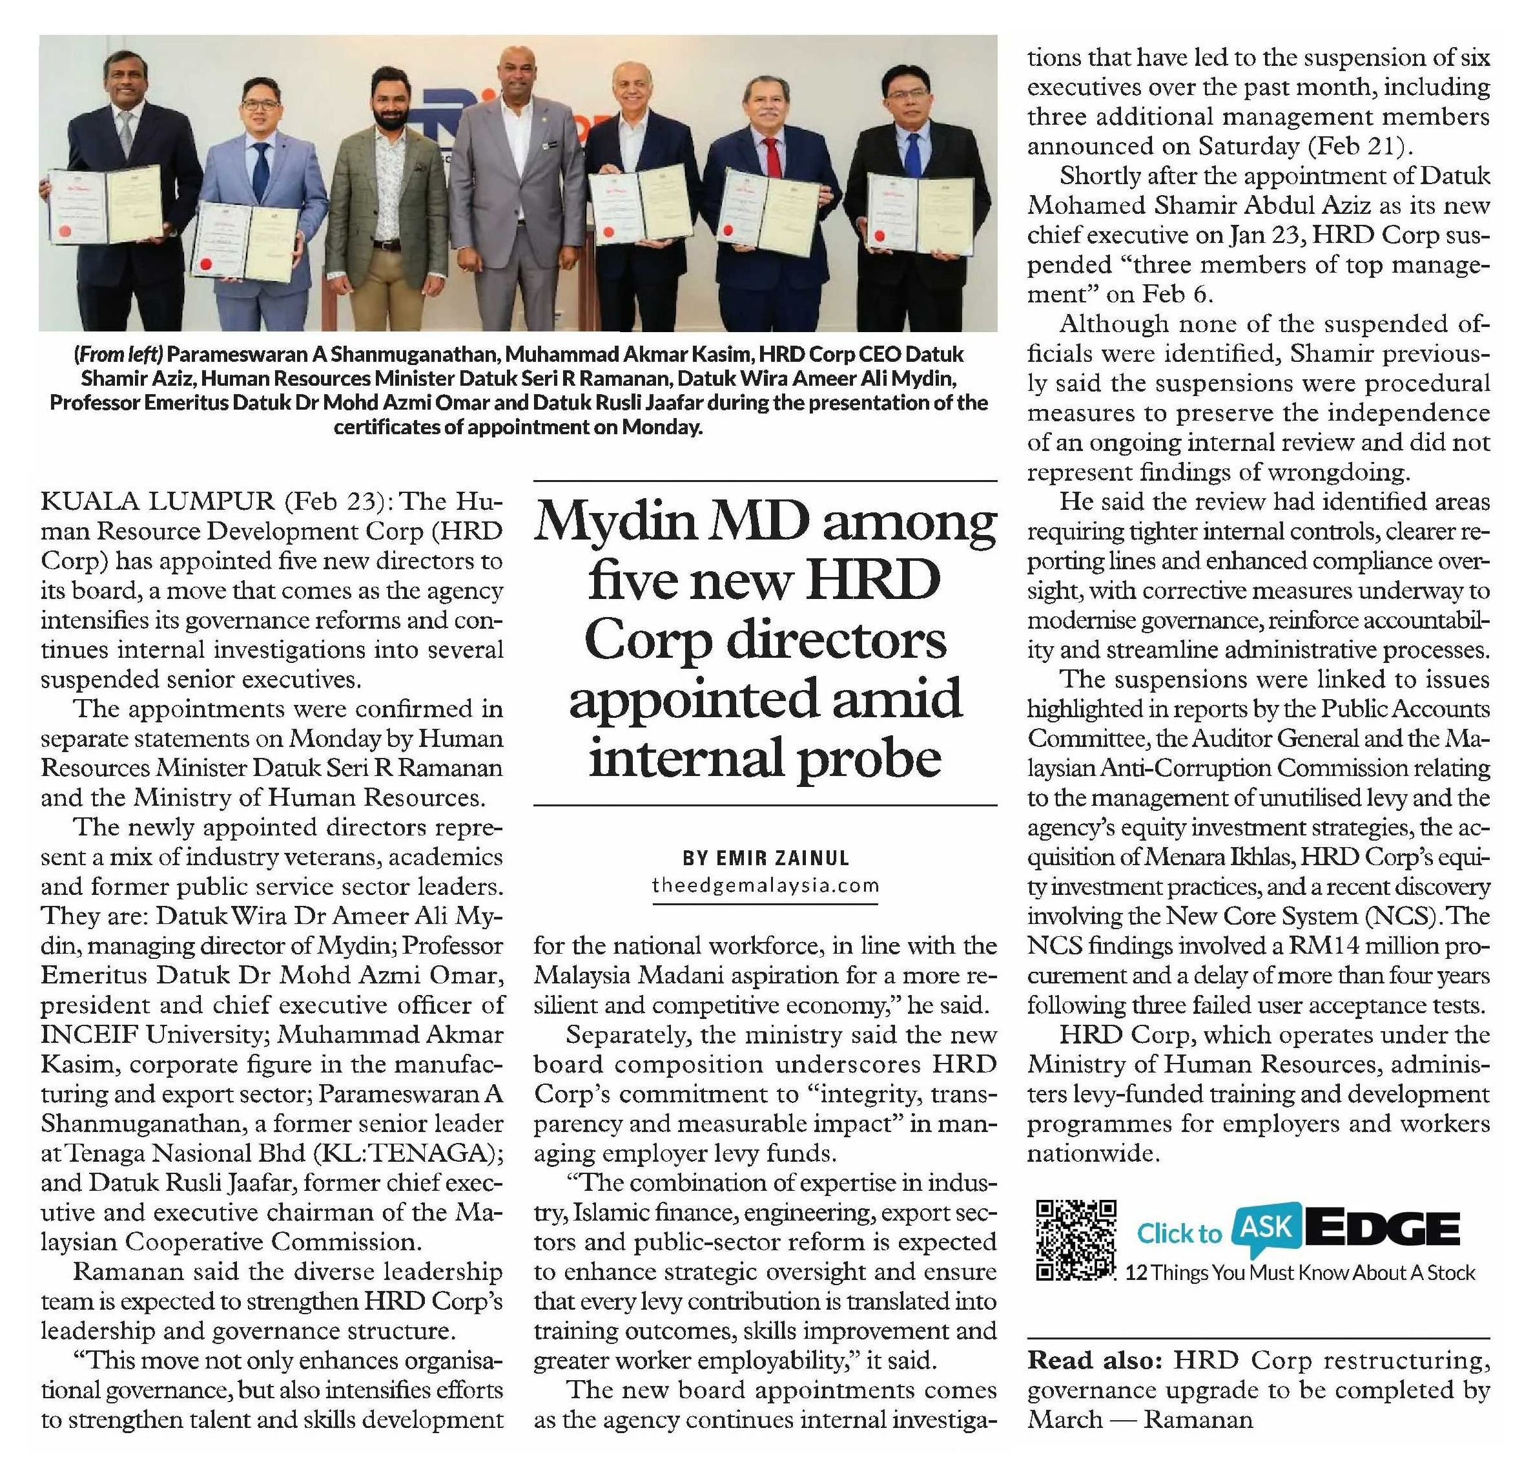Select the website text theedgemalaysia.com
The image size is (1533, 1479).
coord(766,886)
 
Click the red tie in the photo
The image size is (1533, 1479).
coord(773,157)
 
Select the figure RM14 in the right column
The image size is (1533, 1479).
coord(1319,945)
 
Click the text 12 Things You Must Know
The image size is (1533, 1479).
coord(1232,1272)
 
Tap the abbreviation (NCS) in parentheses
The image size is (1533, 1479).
coord(1404,916)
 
